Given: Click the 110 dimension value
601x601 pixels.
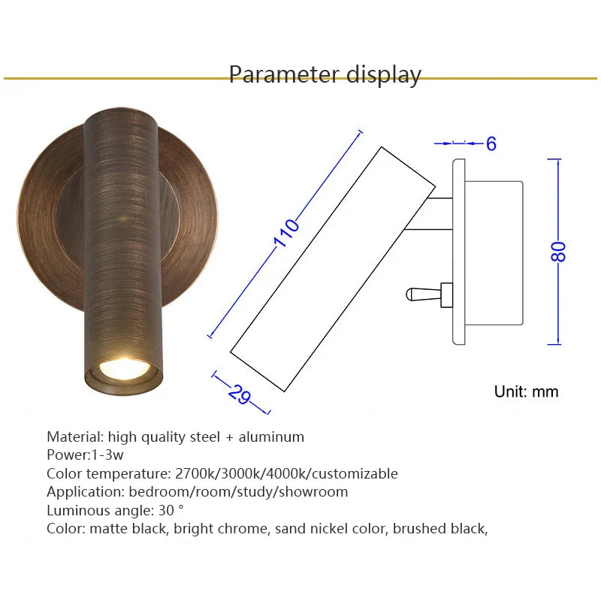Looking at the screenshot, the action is point(286,233).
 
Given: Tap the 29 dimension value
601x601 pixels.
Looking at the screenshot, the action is point(240,394).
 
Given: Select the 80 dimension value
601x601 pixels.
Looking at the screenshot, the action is point(558,252).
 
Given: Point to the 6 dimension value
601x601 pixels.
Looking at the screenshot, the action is point(491,143).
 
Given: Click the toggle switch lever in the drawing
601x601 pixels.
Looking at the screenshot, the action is point(424,294).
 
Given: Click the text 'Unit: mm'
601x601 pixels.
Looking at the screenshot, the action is point(526,391).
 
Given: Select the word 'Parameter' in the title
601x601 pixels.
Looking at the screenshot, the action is point(284,74).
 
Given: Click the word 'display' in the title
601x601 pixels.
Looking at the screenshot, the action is point(384,75).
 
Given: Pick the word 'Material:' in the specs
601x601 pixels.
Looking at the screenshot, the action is point(75,436).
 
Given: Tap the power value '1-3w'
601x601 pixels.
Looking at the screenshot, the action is point(107,455).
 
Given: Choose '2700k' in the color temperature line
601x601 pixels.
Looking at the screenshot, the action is point(196,474).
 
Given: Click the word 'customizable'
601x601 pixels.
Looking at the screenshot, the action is point(355,474).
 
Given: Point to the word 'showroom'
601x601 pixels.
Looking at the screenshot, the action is point(313,492).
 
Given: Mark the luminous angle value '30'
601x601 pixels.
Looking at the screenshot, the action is point(166,511).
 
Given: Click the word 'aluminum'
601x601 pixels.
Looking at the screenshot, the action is point(271,437).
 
